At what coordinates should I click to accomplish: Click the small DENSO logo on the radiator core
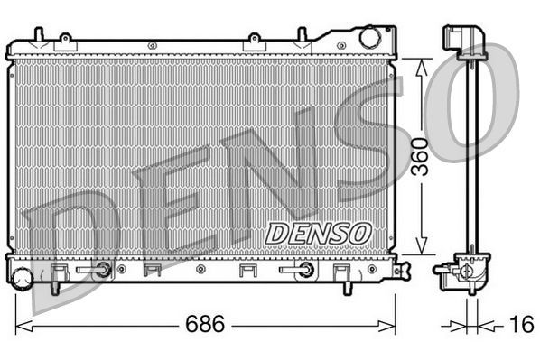318,233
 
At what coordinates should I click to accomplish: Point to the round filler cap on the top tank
369,37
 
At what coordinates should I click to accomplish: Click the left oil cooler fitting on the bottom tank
104,269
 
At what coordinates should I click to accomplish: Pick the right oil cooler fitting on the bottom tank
307,269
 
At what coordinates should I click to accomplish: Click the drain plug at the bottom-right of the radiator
403,268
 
